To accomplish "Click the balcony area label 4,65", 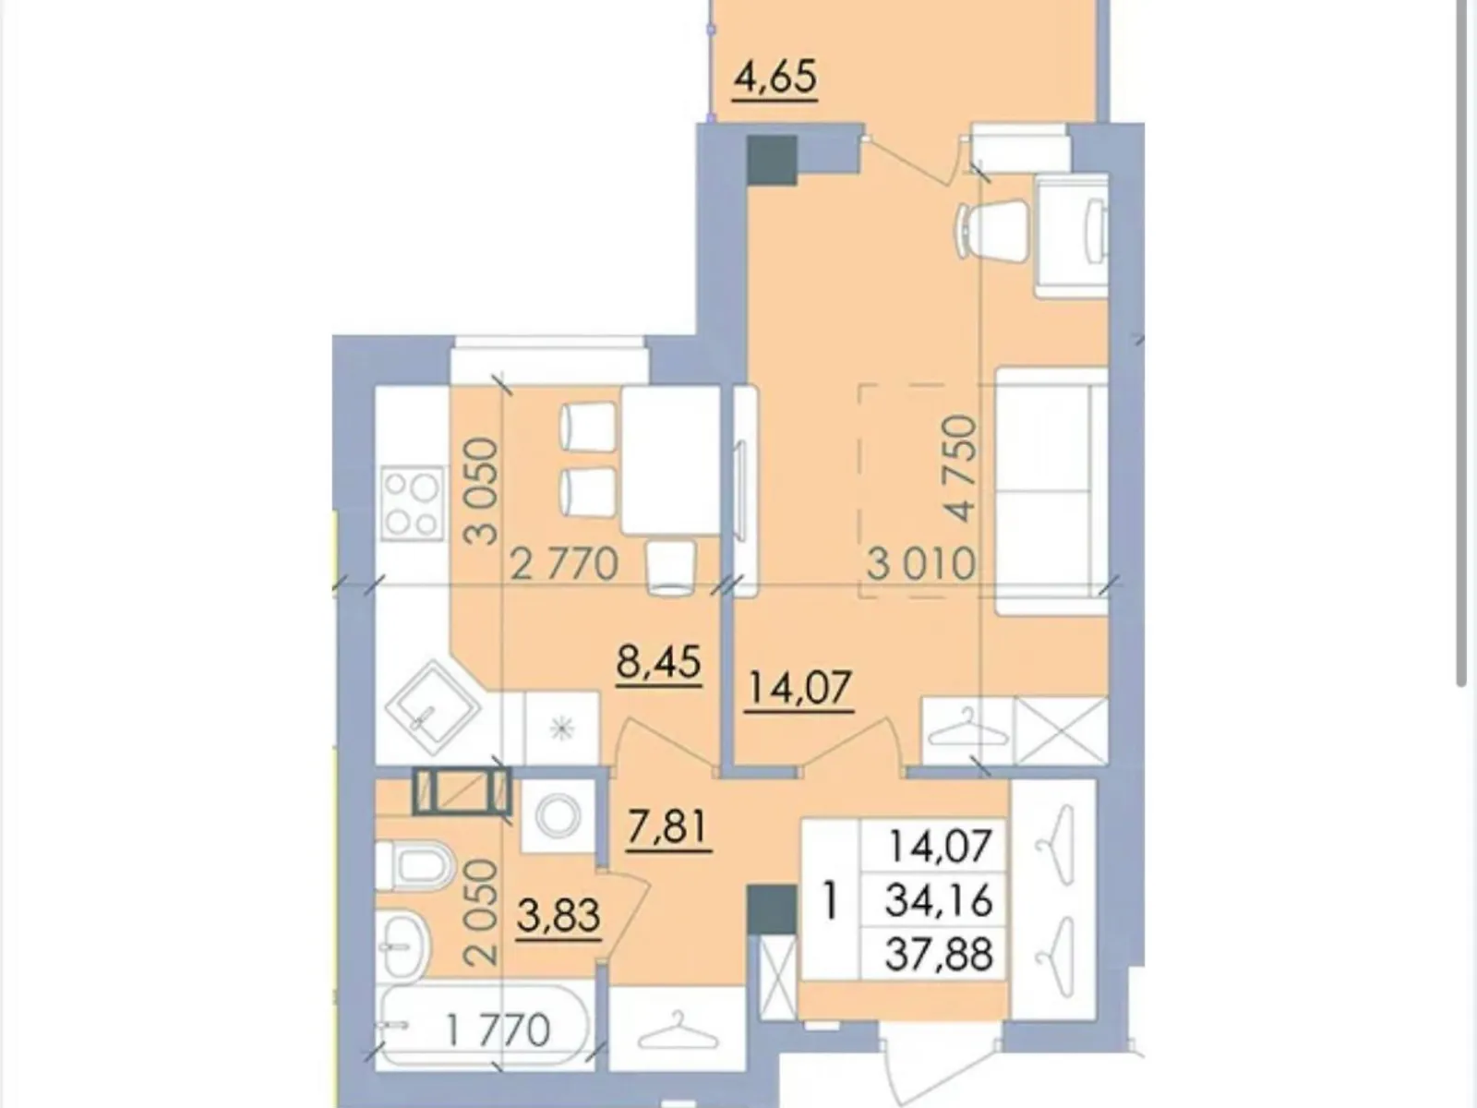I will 775,78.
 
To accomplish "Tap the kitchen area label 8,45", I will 659,661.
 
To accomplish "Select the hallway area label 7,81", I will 666,825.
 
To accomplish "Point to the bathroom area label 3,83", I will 558,916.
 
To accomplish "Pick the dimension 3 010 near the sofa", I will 920,563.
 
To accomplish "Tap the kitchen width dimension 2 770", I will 564,563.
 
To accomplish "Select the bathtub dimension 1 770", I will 498,1030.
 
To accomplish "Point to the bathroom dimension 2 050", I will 482,912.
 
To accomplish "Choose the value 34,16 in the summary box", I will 938,898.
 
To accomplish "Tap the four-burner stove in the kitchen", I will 412,503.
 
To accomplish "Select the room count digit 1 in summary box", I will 830,899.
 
